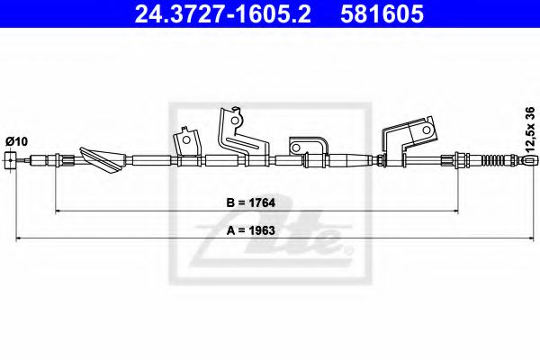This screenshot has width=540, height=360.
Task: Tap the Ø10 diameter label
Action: coord(17,141)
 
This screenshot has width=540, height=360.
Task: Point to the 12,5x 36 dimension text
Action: coord(529,128)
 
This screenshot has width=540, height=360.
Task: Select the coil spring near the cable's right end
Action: coord(497,161)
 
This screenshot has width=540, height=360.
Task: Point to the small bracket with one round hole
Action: coord(186,144)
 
